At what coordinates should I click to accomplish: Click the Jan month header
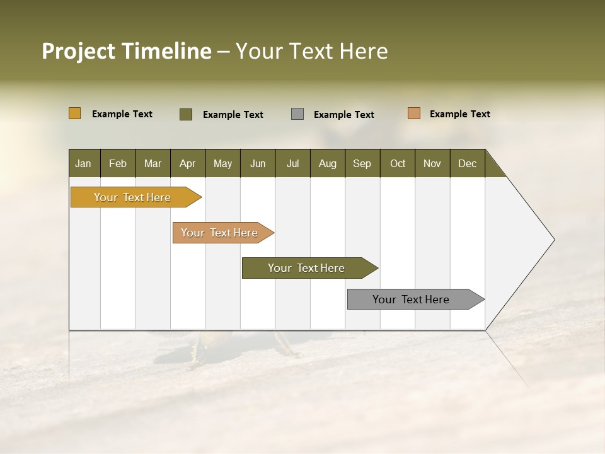(x=83, y=163)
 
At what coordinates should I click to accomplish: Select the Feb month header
(x=118, y=163)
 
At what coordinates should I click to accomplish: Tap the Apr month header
(x=187, y=163)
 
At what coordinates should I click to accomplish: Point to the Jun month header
(x=258, y=163)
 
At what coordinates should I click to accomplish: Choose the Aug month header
(x=327, y=163)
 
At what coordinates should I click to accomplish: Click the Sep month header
(x=362, y=163)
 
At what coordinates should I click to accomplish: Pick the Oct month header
(x=398, y=163)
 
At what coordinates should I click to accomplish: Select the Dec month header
(x=467, y=163)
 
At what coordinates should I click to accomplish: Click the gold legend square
(x=75, y=113)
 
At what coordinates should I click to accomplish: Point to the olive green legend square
(x=186, y=114)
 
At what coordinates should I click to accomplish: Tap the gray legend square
(x=297, y=114)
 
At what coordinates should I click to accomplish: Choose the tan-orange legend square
(x=414, y=113)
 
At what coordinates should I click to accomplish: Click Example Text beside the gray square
(x=343, y=115)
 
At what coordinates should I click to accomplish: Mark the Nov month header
(x=432, y=163)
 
